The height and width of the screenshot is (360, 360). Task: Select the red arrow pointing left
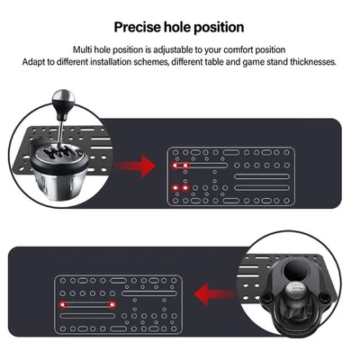coord(212,292)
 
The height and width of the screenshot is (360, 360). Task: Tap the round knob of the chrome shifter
coord(64,99)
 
